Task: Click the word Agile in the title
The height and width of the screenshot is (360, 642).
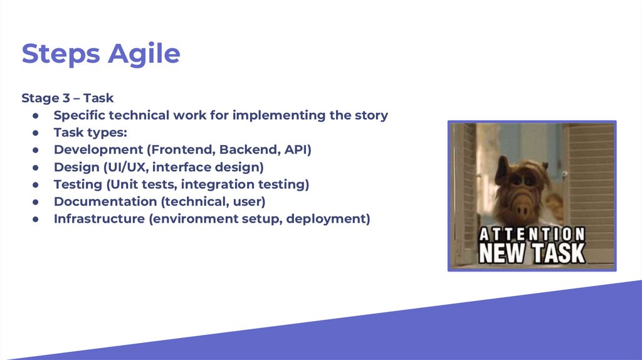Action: [x=144, y=55]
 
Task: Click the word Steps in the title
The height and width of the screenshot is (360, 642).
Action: [x=61, y=55]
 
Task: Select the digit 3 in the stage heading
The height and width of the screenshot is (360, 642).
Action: [x=66, y=98]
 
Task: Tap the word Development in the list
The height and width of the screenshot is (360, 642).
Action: [x=98, y=150]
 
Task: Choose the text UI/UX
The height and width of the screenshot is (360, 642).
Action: [x=124, y=167]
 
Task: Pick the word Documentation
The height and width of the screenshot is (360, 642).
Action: [x=105, y=201]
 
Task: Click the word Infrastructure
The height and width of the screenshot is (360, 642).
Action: [x=99, y=219]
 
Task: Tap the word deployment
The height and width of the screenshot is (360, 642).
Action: [x=326, y=220]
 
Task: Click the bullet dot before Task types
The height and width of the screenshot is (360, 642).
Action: [x=36, y=133]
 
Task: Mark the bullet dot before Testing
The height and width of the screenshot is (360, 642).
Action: [x=36, y=185]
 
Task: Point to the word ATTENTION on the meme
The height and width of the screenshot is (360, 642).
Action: [x=532, y=235]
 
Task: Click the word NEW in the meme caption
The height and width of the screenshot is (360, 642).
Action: [x=502, y=253]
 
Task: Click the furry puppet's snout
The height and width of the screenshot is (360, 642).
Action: [x=521, y=205]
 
